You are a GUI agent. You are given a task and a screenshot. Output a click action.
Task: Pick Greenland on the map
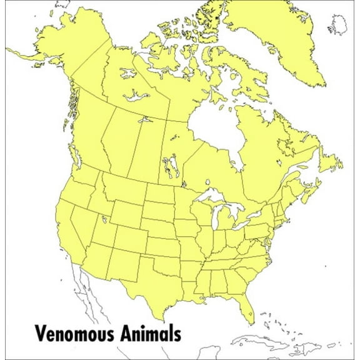click(x=275, y=31)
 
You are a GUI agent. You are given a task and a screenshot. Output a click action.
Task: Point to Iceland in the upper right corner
click(x=341, y=25)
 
